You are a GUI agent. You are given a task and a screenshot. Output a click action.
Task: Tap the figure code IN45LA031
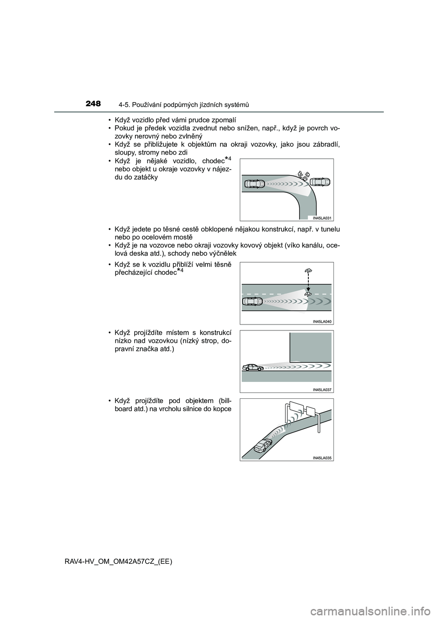(320, 218)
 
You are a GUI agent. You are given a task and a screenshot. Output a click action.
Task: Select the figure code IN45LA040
(323, 321)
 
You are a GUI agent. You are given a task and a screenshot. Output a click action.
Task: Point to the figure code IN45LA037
(323, 390)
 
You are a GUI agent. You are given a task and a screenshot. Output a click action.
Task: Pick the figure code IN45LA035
(323, 458)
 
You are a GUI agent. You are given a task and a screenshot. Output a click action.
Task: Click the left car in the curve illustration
(255, 184)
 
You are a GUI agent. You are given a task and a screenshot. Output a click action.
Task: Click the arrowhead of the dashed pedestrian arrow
(308, 290)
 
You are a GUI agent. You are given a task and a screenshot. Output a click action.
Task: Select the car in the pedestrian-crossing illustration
(253, 301)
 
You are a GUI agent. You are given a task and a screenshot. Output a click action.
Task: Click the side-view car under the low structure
(253, 367)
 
